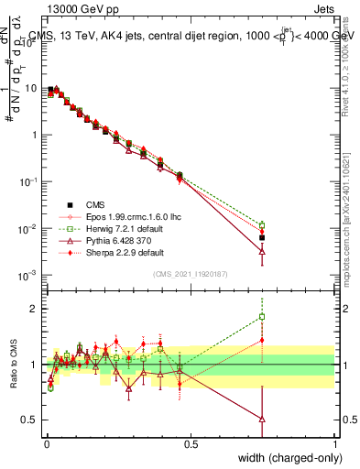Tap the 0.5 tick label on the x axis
pos(190,443)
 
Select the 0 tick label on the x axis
pos(46,443)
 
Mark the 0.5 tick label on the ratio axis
pos(30,420)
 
